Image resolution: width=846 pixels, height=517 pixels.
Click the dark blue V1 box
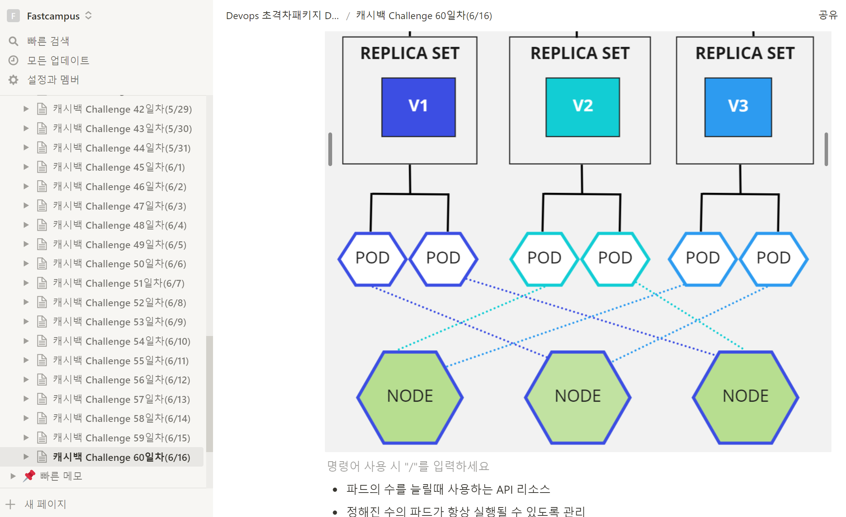pyautogui.click(x=418, y=107)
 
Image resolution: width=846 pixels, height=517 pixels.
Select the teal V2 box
pyautogui.click(x=583, y=107)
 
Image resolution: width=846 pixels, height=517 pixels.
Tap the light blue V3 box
pyautogui.click(x=738, y=107)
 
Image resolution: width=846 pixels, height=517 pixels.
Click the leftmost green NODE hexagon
pyautogui.click(x=410, y=397)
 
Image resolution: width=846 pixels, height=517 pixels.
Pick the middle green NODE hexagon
pyautogui.click(x=578, y=397)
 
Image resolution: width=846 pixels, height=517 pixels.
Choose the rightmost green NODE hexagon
pyautogui.click(x=746, y=397)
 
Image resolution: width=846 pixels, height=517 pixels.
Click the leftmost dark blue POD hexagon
pyautogui.click(x=373, y=259)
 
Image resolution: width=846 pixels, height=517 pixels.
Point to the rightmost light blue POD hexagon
pyautogui.click(x=774, y=259)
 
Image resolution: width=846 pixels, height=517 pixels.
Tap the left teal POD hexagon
pyautogui.click(x=544, y=259)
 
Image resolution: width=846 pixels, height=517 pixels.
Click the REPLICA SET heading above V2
pyautogui.click(x=580, y=53)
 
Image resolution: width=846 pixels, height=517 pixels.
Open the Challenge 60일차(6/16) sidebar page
pyautogui.click(x=121, y=457)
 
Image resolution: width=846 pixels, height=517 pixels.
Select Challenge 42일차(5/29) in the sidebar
pyautogui.click(x=122, y=109)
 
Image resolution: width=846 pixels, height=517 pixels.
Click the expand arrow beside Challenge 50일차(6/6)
pyautogui.click(x=26, y=263)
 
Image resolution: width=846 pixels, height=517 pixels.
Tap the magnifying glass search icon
pyautogui.click(x=13, y=41)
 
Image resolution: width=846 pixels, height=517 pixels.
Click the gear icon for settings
pyautogui.click(x=13, y=80)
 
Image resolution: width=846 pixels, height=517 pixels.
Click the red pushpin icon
pyautogui.click(x=29, y=476)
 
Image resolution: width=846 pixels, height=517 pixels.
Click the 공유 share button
pyautogui.click(x=828, y=15)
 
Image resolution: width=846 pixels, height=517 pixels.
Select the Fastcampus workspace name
pyautogui.click(x=53, y=16)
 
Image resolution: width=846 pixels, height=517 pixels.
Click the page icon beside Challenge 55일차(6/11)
pyautogui.click(x=42, y=360)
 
